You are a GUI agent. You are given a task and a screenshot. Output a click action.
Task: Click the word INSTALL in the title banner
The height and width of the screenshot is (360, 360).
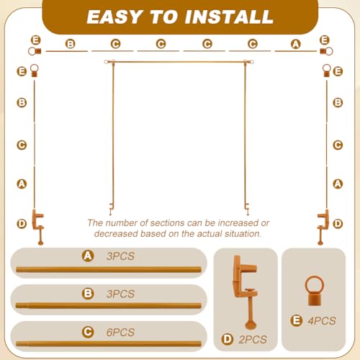click(229, 17)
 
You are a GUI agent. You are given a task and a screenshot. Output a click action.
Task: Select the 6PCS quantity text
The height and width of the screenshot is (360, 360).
click(120, 333)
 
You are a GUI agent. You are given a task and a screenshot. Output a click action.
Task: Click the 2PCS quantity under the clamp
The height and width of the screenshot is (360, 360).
click(253, 340)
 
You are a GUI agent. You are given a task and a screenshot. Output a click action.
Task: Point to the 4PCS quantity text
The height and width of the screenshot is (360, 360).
click(322, 321)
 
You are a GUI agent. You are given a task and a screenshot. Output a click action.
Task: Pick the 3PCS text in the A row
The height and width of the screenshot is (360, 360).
click(120, 256)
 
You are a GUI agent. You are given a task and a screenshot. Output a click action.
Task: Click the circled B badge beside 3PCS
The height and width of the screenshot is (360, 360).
click(88, 294)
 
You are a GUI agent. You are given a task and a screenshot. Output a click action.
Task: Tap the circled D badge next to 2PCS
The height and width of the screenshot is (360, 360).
click(228, 339)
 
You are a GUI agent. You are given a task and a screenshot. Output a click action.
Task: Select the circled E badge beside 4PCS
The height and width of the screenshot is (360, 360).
click(297, 320)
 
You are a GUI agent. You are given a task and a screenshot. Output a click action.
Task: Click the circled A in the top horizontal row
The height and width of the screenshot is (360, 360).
click(296, 44)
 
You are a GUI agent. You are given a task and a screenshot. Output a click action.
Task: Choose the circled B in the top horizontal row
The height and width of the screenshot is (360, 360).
click(71, 44)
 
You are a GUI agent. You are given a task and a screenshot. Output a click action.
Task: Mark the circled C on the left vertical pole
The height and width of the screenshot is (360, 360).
click(22, 145)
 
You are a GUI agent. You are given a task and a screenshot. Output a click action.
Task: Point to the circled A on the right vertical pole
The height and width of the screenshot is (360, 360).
click(338, 184)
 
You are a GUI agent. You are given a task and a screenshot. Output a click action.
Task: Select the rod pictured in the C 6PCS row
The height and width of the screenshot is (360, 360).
click(109, 343)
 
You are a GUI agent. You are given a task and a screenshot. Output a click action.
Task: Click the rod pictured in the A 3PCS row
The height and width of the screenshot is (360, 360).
click(109, 269)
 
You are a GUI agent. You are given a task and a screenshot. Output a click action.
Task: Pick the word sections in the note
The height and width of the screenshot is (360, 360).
click(167, 223)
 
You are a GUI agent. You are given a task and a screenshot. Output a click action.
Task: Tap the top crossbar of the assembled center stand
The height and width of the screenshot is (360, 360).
click(179, 62)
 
